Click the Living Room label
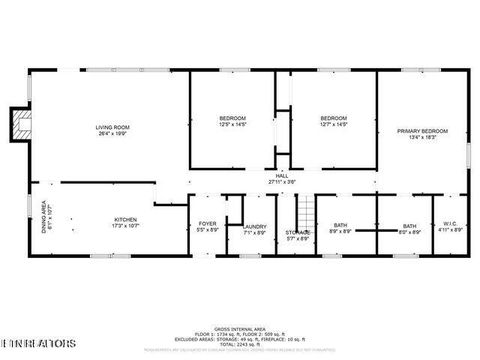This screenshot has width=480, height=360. coord(113,127)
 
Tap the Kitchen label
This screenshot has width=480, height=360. coord(125,219)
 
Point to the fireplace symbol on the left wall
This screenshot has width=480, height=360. coord(17,123)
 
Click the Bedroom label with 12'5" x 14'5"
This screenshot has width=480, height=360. coord(232,119)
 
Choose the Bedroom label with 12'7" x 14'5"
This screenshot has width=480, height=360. coord(333,119)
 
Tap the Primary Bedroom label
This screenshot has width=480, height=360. coord(422,131)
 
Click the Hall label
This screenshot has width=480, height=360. coord(282,176)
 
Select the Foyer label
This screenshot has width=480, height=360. coord(207,225)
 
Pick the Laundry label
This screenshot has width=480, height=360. coord(254,227)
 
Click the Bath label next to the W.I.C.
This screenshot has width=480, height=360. coord(409,227)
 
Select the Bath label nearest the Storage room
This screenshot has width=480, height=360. coord(341,225)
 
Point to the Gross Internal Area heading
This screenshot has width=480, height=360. coord(239,327)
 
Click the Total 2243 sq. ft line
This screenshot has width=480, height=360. coord(239,344)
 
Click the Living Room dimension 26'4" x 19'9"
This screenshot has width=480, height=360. coord(113,132)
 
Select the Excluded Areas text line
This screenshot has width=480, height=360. coord(239,338)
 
